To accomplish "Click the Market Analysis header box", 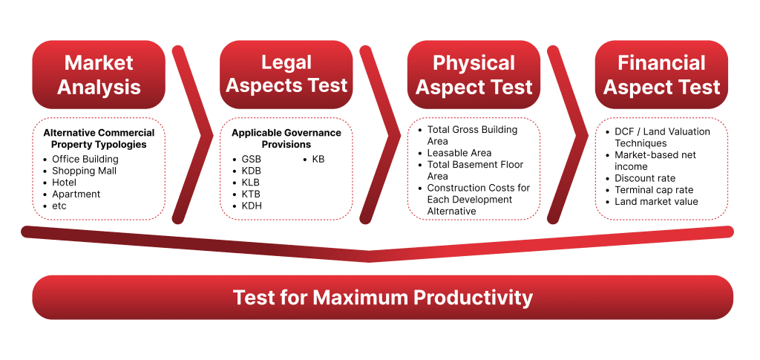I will tap(99, 74).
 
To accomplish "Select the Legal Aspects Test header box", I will tap(286, 74).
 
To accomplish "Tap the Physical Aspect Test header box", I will tap(474, 74).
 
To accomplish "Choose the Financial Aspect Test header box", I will tap(661, 74).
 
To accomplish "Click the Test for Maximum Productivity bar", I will tap(382, 298).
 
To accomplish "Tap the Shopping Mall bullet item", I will tap(84, 171).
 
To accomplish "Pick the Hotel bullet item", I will tap(65, 183).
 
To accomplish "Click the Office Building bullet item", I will tap(85, 159).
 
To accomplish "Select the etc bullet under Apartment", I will tap(59, 206).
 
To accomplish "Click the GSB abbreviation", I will tap(251, 159).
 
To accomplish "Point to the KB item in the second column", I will tap(318, 159).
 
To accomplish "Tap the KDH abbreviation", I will tap(252, 206).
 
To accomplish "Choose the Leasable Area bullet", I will tap(459, 153).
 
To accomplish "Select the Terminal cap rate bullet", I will tap(654, 190).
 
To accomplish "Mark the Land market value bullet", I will tap(656, 202).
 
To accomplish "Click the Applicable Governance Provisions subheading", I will tap(286, 138).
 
